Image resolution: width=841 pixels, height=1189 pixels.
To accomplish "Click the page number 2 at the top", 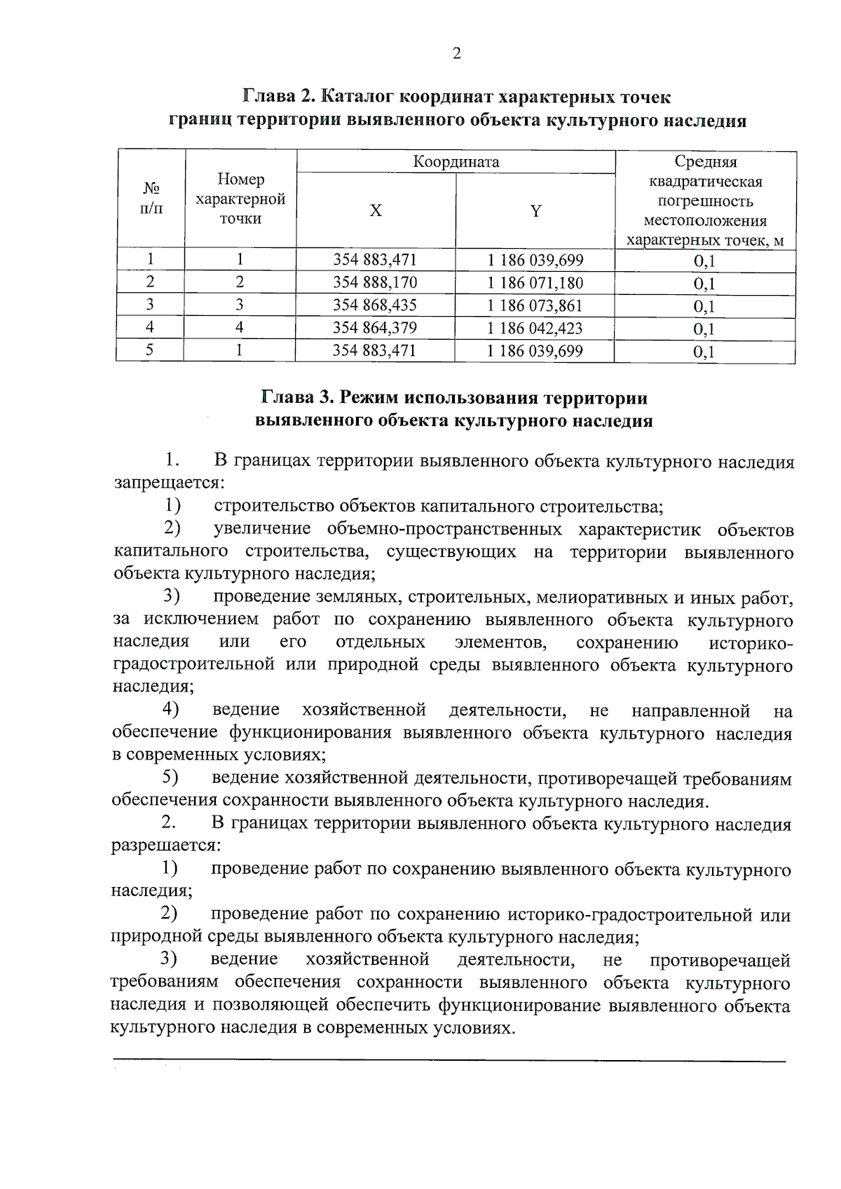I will point(457,53).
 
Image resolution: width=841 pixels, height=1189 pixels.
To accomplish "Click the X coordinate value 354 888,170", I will point(375,282).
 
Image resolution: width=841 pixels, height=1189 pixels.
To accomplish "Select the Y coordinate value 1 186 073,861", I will point(535,305).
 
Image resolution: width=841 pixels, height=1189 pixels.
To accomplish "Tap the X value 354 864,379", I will point(375,328).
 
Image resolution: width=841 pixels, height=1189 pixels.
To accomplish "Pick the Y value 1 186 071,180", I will point(535,282).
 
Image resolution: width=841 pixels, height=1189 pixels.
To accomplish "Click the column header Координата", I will point(456,162).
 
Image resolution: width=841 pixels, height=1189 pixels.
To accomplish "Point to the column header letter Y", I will point(535,211).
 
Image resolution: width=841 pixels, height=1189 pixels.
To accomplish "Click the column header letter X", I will point(376,211).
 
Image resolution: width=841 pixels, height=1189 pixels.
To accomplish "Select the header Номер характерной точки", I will point(240,199).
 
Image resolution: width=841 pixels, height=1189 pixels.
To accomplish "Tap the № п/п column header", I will point(151,199).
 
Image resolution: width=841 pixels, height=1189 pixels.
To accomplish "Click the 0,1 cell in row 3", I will point(704,306).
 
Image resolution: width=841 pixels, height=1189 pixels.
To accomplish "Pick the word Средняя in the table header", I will point(705,162).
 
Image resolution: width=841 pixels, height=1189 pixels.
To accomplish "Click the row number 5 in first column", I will point(150,350).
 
